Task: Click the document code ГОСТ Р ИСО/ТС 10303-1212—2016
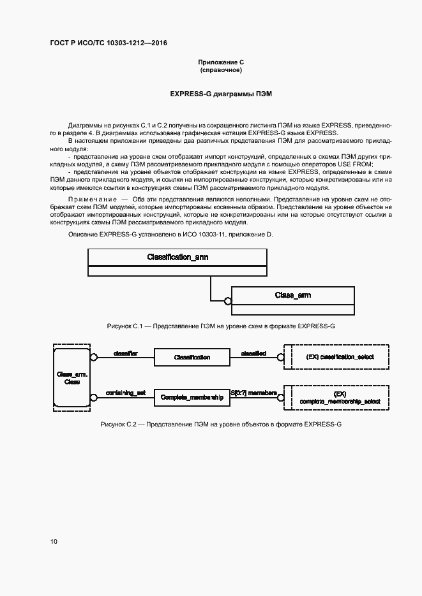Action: [109, 43]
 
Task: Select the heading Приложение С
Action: [221, 62]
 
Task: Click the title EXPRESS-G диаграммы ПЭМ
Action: [221, 94]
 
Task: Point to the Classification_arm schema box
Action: [177, 257]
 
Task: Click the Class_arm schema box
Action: [292, 295]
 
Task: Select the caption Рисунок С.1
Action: [221, 326]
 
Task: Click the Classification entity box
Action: [192, 358]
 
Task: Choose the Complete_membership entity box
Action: [192, 397]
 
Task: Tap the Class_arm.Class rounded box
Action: [72, 378]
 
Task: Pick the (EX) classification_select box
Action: [340, 357]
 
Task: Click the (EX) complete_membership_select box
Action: [340, 397]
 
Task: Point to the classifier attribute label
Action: [125, 353]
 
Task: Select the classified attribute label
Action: [253, 353]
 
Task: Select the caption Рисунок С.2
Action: [221, 424]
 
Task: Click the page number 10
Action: [54, 541]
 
